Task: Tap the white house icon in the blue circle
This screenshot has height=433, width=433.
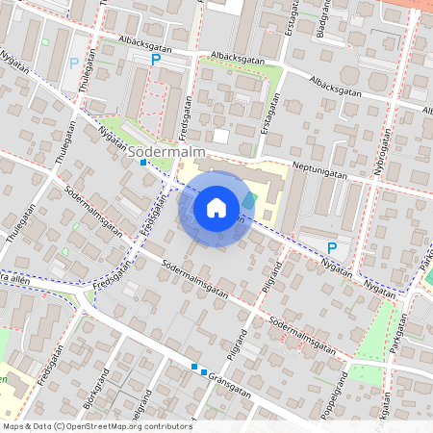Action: click(216, 207)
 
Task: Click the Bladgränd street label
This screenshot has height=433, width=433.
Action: click(320, 19)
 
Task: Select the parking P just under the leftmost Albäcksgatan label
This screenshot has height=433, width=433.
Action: click(156, 60)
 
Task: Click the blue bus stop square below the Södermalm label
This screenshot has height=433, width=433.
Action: click(143, 163)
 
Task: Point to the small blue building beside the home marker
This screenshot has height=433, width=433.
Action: click(250, 200)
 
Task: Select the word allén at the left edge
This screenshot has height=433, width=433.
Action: click(19, 276)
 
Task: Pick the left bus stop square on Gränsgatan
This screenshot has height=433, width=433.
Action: click(194, 367)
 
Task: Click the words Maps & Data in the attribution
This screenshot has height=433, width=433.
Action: click(26, 425)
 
